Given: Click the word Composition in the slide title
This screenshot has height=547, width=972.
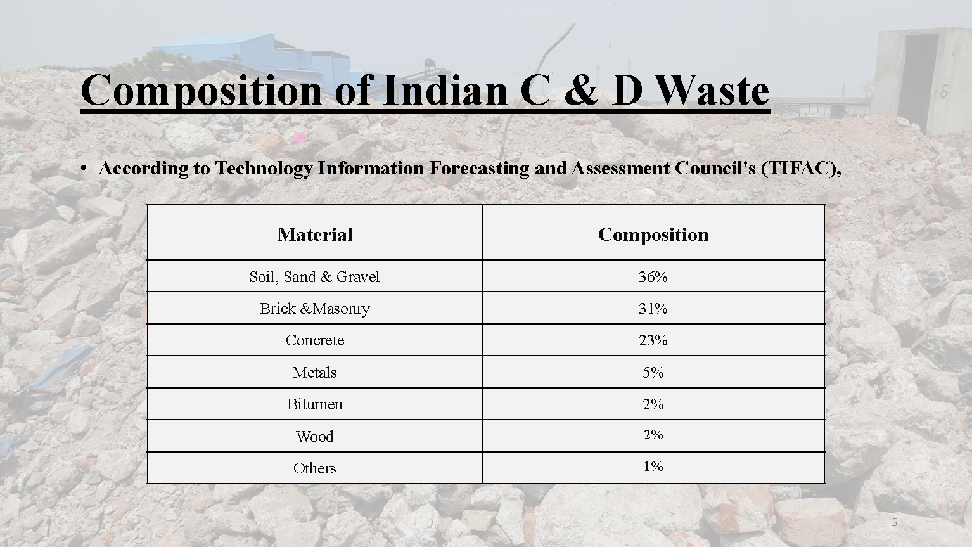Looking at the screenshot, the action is coord(201,91).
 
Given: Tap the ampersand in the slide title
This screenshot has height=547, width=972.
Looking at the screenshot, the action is coord(582,90).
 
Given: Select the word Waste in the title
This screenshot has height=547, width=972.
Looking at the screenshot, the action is coord(712,90).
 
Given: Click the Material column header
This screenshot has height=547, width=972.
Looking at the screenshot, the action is coord(314,235).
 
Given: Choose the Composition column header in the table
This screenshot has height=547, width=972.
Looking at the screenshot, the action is coord(653,235).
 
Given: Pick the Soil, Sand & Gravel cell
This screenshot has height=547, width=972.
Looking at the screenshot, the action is coord(314,276).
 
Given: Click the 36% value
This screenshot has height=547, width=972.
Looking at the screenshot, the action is coord(653,276).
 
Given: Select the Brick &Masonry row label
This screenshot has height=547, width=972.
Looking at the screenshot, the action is coord(314,309).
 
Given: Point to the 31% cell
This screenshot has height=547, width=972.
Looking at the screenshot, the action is coord(653,308).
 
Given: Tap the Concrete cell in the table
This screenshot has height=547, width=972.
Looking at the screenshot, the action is coord(314,340).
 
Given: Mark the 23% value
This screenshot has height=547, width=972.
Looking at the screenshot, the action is coord(653,340).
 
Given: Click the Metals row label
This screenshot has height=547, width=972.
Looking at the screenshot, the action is coord(314,373).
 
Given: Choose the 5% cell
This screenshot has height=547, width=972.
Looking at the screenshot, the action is coord(653,373).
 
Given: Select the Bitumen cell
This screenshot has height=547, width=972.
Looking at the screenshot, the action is coord(314,404).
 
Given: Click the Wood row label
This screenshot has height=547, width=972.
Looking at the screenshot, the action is coord(314,436).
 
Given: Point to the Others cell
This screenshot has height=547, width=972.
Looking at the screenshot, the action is coord(314,468).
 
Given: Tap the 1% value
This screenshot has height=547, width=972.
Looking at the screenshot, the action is coord(653,467).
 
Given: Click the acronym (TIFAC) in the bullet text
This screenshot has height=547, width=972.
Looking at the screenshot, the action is coord(798,168).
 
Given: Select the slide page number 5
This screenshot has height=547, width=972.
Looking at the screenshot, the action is coord(894,523).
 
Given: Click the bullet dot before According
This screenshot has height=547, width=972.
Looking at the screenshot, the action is coord(84,169).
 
